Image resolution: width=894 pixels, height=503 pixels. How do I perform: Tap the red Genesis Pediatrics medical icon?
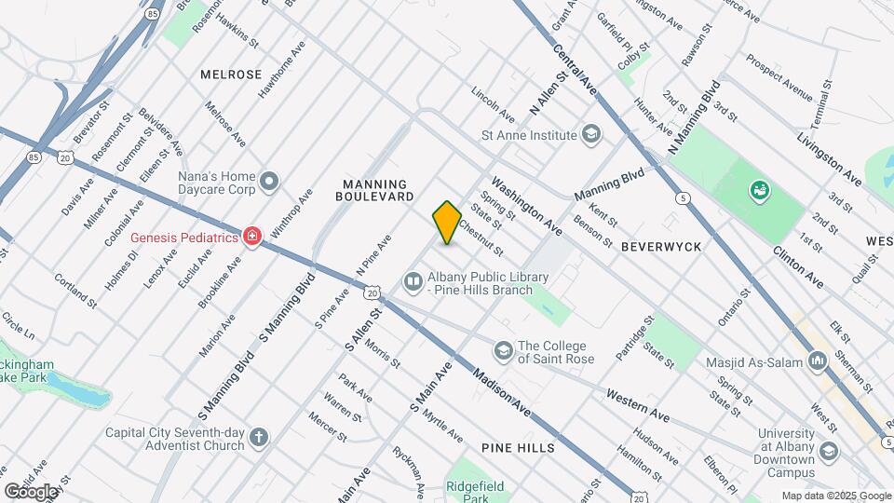point(251,238)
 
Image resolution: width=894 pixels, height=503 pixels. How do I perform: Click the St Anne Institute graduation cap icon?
point(590,135)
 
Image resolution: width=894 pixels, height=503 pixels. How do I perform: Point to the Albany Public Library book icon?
point(413,280)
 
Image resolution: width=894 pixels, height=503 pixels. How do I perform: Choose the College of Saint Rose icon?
point(504,350)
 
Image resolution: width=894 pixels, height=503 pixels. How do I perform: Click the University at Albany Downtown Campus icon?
point(829,451)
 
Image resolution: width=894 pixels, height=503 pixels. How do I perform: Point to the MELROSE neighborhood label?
point(230,74)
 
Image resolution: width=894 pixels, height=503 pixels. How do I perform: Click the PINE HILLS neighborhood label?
point(518,448)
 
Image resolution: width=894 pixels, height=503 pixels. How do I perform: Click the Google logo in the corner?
point(30,491)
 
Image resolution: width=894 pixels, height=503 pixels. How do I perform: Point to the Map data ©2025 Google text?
point(835,496)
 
